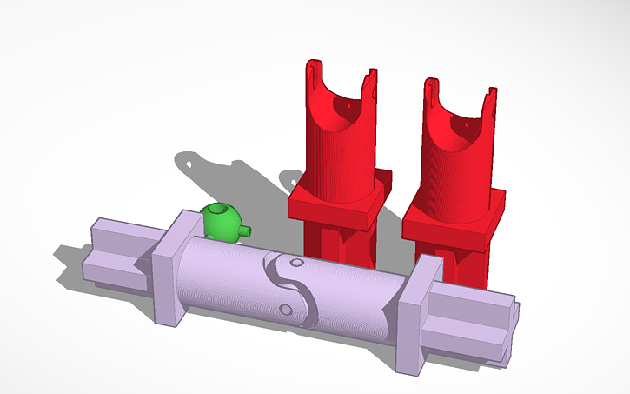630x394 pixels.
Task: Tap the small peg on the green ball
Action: [247, 231]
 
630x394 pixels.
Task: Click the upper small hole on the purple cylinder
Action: [296, 262]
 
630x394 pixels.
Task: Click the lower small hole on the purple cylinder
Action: [284, 309]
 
